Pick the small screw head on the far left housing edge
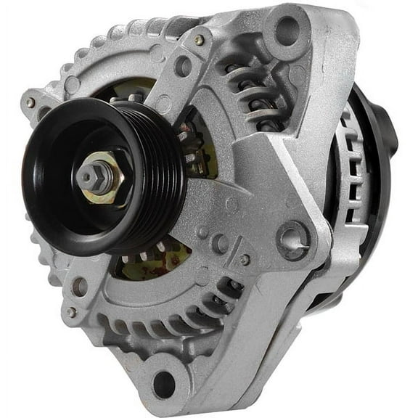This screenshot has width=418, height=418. [30, 103]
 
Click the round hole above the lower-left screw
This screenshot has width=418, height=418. [79, 287]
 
